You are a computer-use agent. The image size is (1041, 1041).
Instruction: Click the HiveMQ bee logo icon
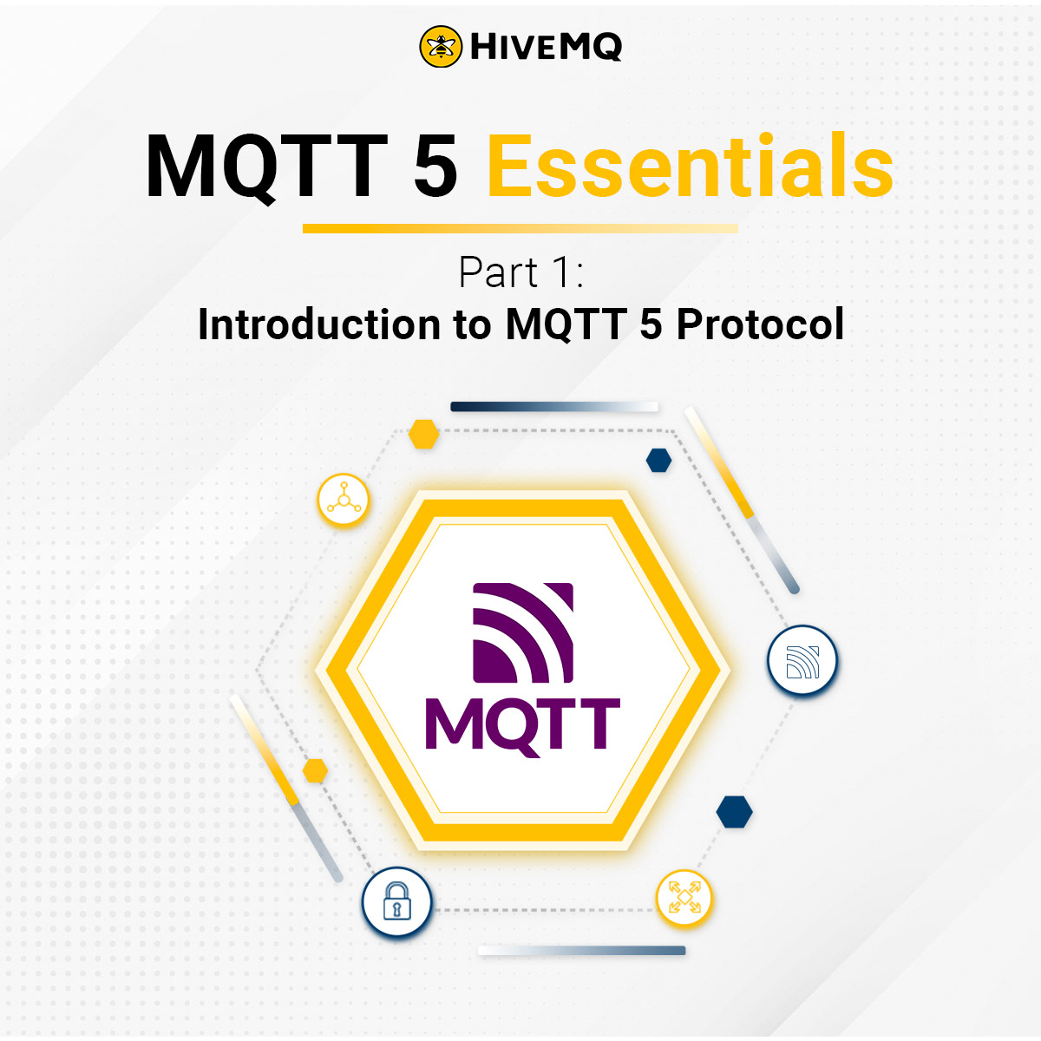(442, 47)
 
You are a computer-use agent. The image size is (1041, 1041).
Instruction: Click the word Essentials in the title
(690, 167)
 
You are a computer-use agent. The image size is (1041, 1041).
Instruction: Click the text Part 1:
(520, 273)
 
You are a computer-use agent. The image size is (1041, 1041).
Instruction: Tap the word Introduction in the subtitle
(318, 325)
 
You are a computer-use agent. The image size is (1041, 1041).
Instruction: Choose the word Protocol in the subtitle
(760, 325)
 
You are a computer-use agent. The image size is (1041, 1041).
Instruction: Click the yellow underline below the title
(520, 229)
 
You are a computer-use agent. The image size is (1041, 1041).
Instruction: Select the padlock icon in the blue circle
(396, 903)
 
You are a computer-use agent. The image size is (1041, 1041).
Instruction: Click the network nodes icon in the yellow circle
(344, 501)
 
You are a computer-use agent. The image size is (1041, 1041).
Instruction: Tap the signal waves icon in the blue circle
(802, 661)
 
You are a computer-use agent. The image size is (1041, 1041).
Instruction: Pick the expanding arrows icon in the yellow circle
(684, 898)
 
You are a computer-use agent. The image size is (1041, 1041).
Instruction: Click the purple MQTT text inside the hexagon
(522, 723)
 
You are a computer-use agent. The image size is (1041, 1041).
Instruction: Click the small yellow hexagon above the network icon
(423, 434)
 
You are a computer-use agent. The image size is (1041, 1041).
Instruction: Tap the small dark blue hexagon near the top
(659, 461)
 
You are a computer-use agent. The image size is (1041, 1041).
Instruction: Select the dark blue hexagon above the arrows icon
(734, 812)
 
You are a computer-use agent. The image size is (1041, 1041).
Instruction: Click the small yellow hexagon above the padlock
(314, 770)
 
